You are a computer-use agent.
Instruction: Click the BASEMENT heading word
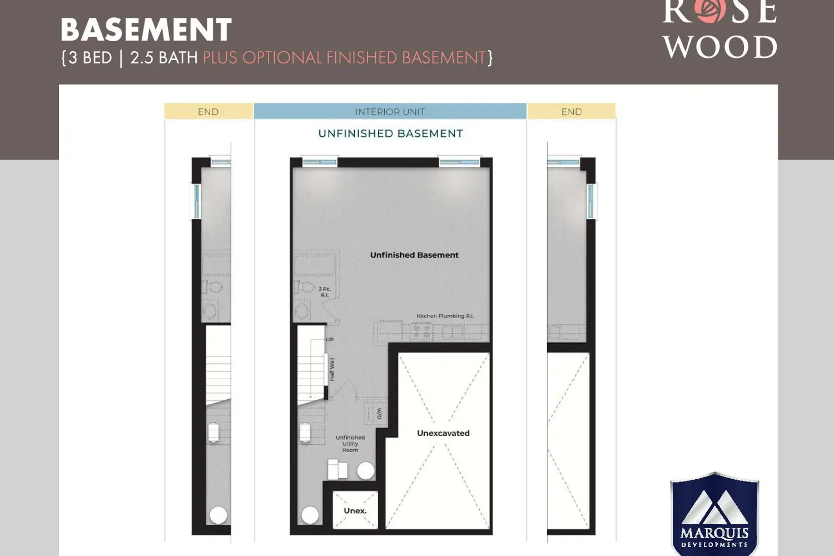click(x=146, y=29)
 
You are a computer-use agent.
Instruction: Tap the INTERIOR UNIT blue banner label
click(x=390, y=112)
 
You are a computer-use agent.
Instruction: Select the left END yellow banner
click(x=209, y=111)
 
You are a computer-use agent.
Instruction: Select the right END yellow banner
click(x=572, y=111)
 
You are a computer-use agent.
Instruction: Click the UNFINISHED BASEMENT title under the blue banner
click(x=390, y=133)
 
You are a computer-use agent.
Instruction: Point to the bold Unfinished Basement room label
click(x=414, y=255)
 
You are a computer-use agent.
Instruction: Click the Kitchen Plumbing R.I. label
click(x=445, y=316)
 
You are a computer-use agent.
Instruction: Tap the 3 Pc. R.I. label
click(x=325, y=291)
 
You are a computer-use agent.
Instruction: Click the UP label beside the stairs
click(x=330, y=340)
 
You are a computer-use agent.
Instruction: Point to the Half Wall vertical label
click(x=332, y=369)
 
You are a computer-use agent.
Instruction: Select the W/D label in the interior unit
click(x=379, y=413)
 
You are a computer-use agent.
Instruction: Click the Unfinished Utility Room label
click(x=350, y=444)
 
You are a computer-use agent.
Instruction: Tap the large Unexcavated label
click(x=443, y=433)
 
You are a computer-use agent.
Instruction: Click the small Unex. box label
click(x=355, y=510)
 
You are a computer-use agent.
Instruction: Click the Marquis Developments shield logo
click(x=714, y=514)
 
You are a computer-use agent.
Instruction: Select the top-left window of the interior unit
click(x=320, y=162)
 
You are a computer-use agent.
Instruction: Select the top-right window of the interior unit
click(x=459, y=162)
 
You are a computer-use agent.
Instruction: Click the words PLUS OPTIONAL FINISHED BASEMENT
click(x=344, y=58)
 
